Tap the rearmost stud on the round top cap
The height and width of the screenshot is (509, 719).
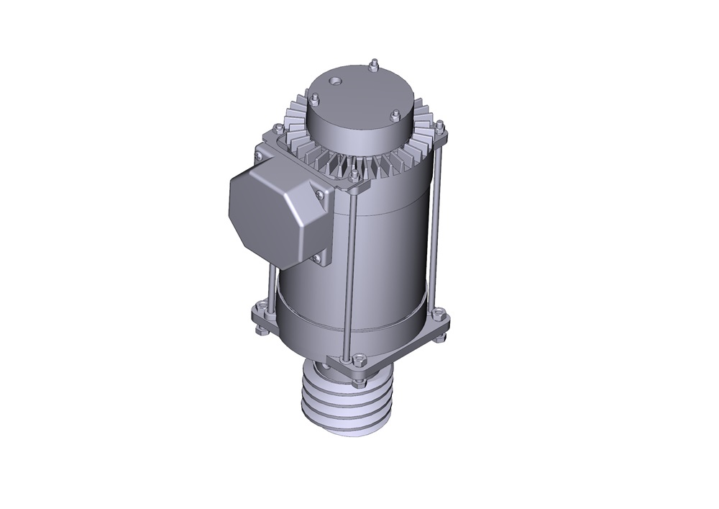[375, 66]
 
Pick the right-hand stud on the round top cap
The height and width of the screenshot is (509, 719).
[395, 114]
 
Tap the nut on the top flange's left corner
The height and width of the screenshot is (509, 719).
[275, 131]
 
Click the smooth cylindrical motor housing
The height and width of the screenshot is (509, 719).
[388, 245]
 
